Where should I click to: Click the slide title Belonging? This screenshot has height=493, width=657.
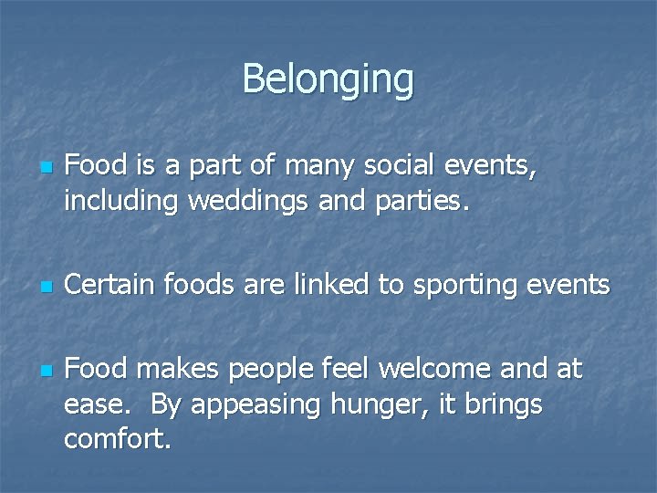click(x=328, y=79)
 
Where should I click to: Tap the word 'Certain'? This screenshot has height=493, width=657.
click(x=112, y=286)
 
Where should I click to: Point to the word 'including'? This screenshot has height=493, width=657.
click(x=122, y=202)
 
